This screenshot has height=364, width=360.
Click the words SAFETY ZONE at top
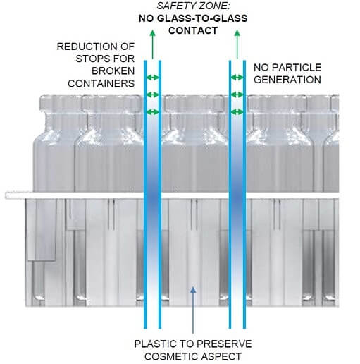coord(193,6)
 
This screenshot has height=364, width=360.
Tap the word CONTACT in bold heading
coord(193,30)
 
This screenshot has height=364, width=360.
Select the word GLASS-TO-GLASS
coord(202,18)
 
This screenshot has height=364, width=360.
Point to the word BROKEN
coord(113,71)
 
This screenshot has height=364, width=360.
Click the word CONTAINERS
coord(101,83)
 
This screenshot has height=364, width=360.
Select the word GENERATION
coord(287,80)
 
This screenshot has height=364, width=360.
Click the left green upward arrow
coord(153,44)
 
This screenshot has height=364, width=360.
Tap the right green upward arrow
coord(237,44)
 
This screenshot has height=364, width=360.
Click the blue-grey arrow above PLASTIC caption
coord(193,310)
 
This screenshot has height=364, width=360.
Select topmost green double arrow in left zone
coord(153,77)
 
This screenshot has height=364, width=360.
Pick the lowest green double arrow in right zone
coord(237,112)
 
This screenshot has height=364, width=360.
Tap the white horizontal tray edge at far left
coord(15,195)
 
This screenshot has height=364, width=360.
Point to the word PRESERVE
coord(227,344)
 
